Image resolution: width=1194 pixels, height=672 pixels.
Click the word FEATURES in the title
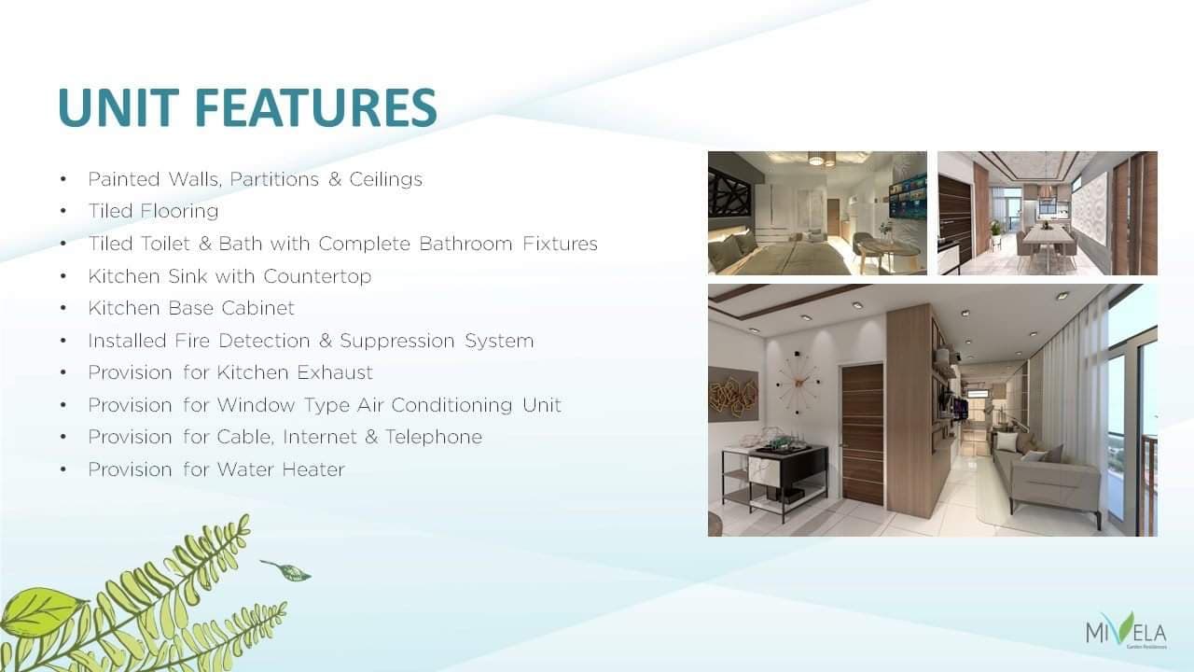316,106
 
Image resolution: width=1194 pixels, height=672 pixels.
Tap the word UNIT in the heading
118,106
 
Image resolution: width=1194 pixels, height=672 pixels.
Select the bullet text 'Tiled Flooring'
154,211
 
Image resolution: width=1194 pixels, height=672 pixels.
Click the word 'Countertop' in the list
317,276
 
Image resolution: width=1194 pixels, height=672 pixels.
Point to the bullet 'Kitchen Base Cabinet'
191,308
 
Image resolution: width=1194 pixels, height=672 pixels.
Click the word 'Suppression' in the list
396,341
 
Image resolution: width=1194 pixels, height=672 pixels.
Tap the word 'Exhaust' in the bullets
335,372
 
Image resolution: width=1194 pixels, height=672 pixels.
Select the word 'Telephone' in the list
434,437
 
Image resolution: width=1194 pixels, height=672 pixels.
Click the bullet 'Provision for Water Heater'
216,469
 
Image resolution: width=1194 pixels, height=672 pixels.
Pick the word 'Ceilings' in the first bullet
386,180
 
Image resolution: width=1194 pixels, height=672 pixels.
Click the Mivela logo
1126,631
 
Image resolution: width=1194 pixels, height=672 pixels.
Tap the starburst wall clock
798,382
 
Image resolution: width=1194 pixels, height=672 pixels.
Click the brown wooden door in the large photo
863,434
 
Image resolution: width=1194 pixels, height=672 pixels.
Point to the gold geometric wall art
733,395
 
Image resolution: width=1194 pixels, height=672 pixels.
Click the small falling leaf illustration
286,570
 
